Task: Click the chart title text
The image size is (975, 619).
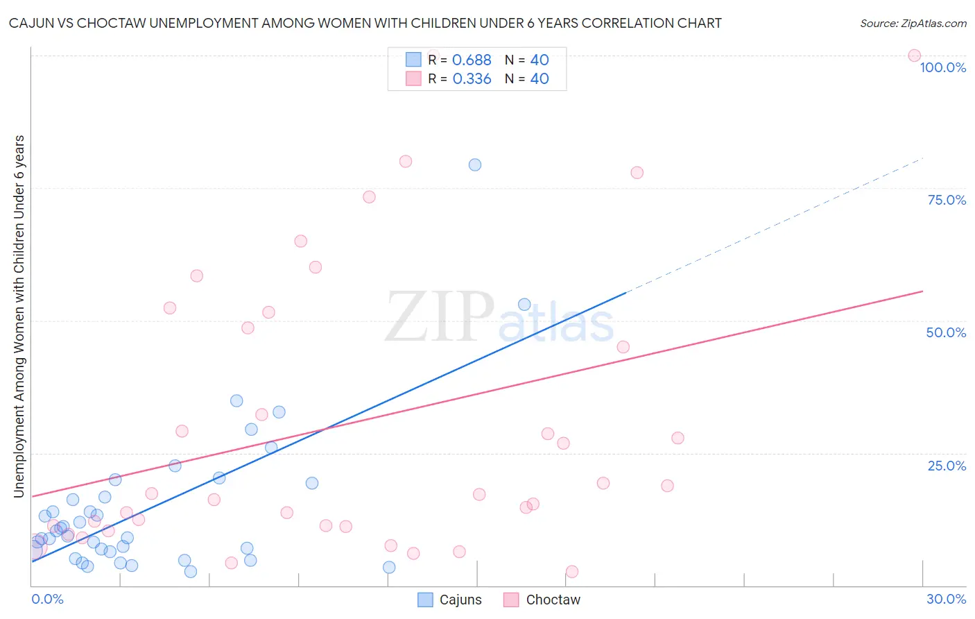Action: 365,23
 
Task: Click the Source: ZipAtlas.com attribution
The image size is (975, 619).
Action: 913,23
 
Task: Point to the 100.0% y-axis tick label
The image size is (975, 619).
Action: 942,67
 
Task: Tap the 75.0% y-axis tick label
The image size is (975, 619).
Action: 947,200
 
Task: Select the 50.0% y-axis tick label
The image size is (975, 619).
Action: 946,332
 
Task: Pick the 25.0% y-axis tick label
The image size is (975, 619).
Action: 947,465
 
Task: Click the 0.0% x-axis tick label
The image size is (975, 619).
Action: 47,599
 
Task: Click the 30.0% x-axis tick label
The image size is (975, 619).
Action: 946,599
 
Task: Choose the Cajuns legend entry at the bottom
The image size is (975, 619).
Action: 450,600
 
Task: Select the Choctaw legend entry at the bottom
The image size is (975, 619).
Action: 542,600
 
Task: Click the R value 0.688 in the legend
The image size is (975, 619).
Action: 472,60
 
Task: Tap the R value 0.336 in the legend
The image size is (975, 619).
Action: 472,79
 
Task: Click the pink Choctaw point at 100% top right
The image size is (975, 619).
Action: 914,56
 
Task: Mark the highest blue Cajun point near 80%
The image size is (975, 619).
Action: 475,164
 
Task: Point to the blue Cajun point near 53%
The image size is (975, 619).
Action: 524,305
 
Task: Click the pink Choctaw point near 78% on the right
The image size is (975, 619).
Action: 637,173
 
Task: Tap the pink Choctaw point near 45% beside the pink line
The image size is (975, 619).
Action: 623,347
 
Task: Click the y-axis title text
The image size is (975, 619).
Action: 19,316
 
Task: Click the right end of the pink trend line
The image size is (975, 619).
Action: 922,291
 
